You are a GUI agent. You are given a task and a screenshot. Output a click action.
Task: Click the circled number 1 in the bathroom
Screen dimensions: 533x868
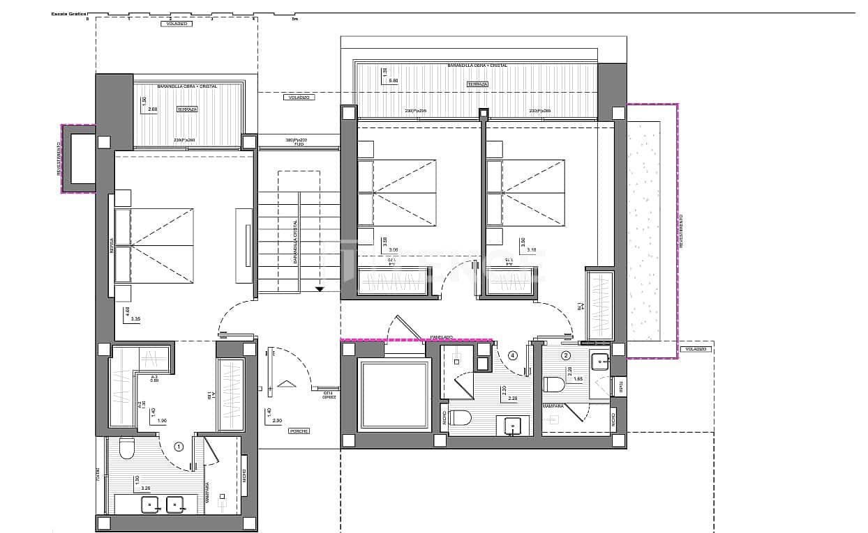(x=179, y=447)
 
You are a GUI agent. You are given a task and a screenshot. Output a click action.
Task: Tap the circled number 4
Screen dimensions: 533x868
(x=513, y=355)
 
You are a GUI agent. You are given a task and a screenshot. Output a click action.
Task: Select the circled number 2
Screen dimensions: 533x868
(x=567, y=355)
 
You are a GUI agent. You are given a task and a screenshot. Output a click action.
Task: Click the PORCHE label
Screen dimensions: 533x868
(x=299, y=431)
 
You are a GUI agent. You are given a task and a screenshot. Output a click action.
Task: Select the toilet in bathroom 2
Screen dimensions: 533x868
(x=554, y=385)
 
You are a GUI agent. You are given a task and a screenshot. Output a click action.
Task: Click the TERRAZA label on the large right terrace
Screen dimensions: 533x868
(x=478, y=84)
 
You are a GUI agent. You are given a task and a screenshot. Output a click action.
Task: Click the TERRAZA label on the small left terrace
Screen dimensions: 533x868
(x=186, y=109)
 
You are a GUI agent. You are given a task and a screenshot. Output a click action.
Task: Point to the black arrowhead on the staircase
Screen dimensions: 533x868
(x=320, y=288)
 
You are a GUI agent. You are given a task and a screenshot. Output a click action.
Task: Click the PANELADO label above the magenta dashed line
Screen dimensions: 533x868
(x=442, y=337)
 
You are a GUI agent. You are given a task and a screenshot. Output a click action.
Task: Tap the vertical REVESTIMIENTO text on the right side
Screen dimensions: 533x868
(x=682, y=230)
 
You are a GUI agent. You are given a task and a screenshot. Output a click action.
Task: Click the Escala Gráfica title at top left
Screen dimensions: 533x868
(x=69, y=14)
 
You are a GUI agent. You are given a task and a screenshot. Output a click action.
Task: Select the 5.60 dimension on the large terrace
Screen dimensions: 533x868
(x=393, y=81)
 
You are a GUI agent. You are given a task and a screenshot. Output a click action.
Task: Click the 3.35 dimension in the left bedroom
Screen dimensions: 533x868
(x=135, y=319)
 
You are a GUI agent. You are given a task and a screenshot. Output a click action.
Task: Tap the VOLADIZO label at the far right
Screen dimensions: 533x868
(x=696, y=348)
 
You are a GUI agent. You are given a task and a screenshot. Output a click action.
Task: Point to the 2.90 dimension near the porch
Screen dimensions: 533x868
(x=277, y=422)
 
